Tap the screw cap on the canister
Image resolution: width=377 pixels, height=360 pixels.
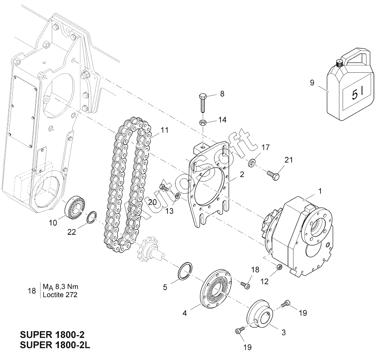(339, 63)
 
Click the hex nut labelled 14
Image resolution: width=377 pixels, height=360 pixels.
(202, 123)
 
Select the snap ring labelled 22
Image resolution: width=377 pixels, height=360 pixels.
(92, 217)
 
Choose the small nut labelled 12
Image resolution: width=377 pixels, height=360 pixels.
(279, 266)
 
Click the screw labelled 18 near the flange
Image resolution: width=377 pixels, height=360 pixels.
(245, 285)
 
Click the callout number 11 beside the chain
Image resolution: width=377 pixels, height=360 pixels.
(164, 130)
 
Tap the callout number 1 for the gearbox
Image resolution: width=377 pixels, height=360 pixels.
(320, 185)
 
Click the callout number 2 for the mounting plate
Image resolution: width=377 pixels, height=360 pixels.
(242, 174)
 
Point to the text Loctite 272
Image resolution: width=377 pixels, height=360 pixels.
(60, 294)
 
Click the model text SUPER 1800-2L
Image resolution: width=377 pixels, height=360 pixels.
(55, 345)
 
